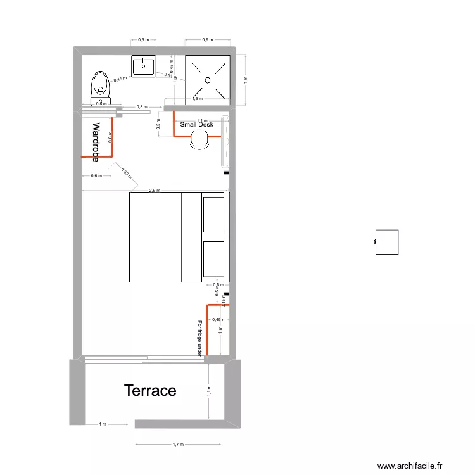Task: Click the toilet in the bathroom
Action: (100, 87)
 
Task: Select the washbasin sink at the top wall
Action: (144, 66)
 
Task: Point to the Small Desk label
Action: (197, 125)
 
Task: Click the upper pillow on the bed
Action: (213, 214)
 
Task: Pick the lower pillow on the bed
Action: (213, 258)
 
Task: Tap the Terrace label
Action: (150, 390)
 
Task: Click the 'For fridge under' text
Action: (200, 338)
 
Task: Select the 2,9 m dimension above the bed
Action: (155, 190)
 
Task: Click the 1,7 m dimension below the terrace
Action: (179, 445)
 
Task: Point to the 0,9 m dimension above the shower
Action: (207, 40)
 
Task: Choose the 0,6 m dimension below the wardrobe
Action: (96, 176)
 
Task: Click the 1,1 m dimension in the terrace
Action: (209, 391)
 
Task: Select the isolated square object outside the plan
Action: (386, 242)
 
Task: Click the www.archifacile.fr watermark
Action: (411, 465)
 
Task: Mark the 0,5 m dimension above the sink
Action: (144, 40)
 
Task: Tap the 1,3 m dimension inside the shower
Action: (198, 99)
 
